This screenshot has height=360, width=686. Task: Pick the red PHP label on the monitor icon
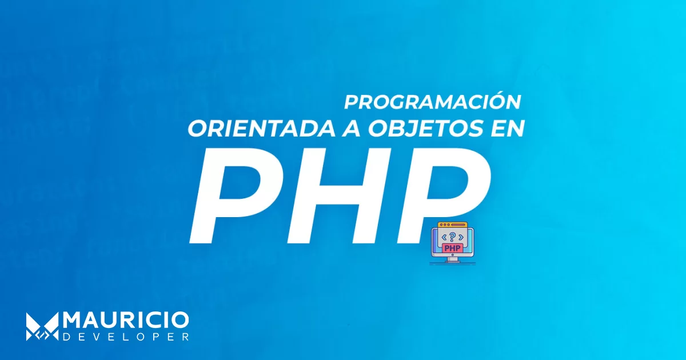point(453,247)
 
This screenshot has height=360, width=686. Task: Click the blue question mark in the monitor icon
point(452,237)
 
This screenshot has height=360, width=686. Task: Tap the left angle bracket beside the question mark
point(444,237)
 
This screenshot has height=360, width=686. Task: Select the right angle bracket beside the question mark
point(461,237)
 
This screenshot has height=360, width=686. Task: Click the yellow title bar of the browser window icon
point(453,225)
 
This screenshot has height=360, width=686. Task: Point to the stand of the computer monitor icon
point(453,259)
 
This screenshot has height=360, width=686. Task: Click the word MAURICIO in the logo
point(126,321)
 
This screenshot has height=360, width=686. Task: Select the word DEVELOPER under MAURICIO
point(126,337)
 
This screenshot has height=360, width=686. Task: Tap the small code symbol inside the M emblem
point(42,336)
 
